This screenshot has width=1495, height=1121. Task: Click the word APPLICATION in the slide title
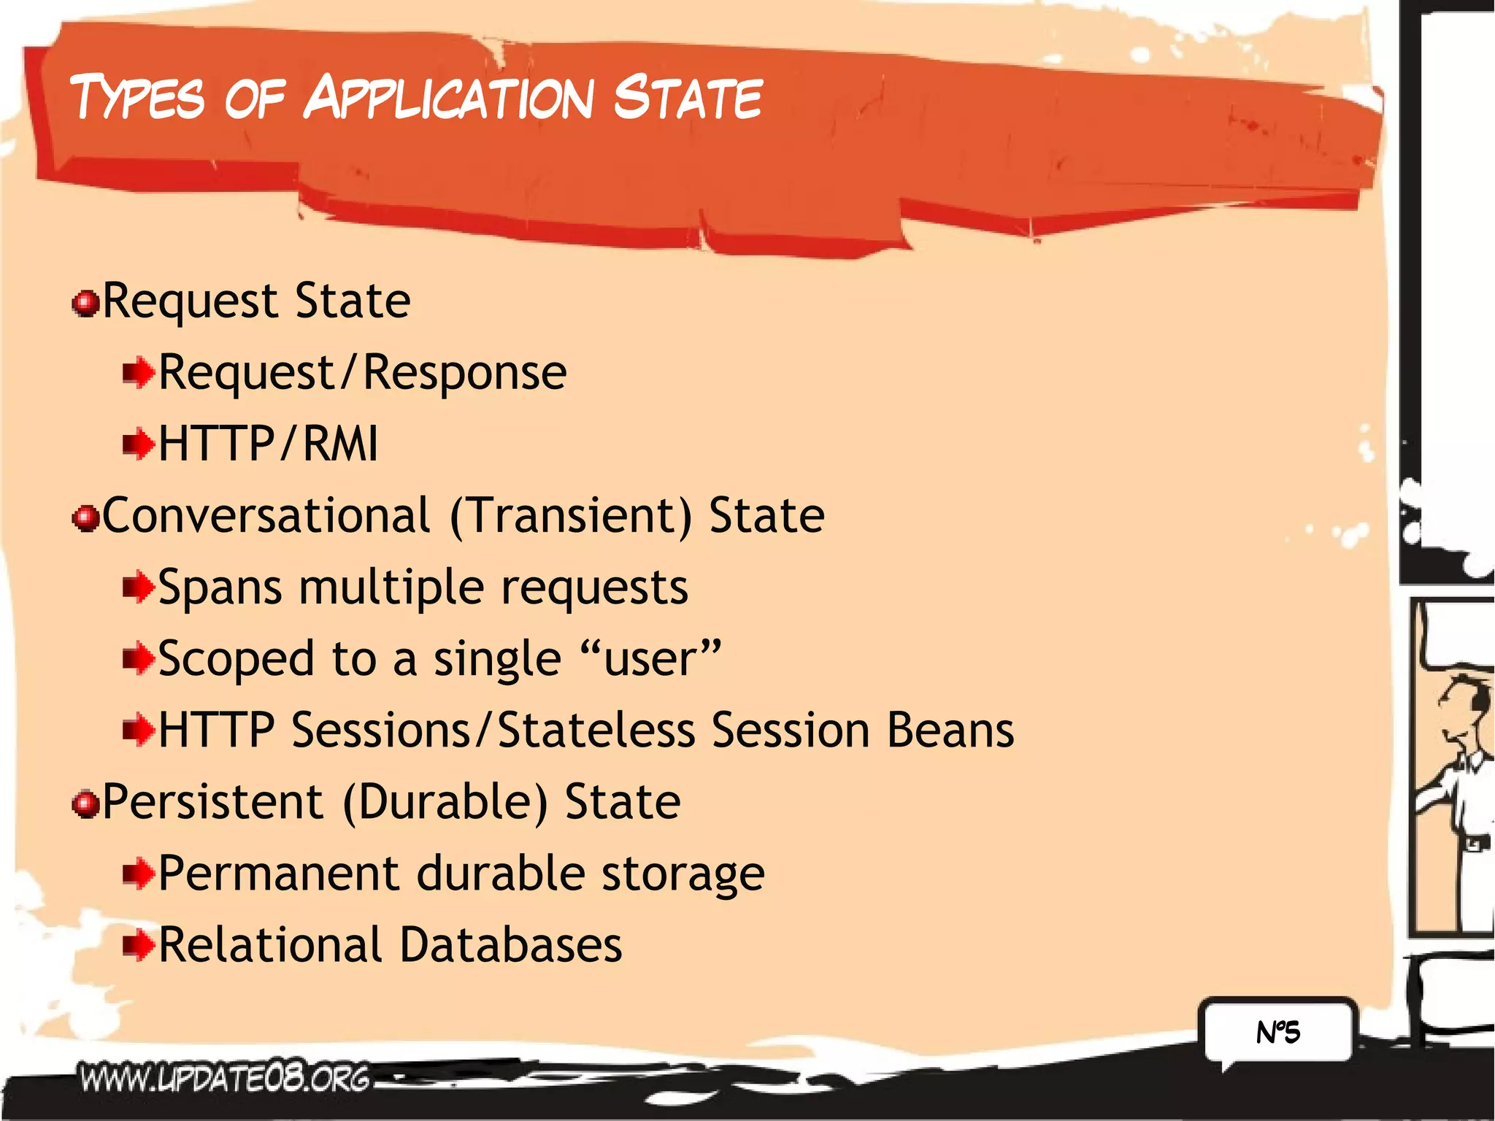[449, 99]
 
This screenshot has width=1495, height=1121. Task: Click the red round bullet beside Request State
[86, 303]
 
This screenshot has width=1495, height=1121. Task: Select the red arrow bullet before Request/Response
[138, 374]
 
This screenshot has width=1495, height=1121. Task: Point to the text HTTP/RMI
[268, 444]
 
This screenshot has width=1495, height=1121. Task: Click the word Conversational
[266, 515]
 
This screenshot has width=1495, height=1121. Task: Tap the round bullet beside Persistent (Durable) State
[86, 804]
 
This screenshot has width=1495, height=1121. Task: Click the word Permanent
[279, 873]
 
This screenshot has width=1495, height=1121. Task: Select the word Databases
[511, 944]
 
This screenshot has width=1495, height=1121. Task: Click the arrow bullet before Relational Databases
[138, 946]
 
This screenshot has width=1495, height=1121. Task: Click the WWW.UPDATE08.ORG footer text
[225, 1079]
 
